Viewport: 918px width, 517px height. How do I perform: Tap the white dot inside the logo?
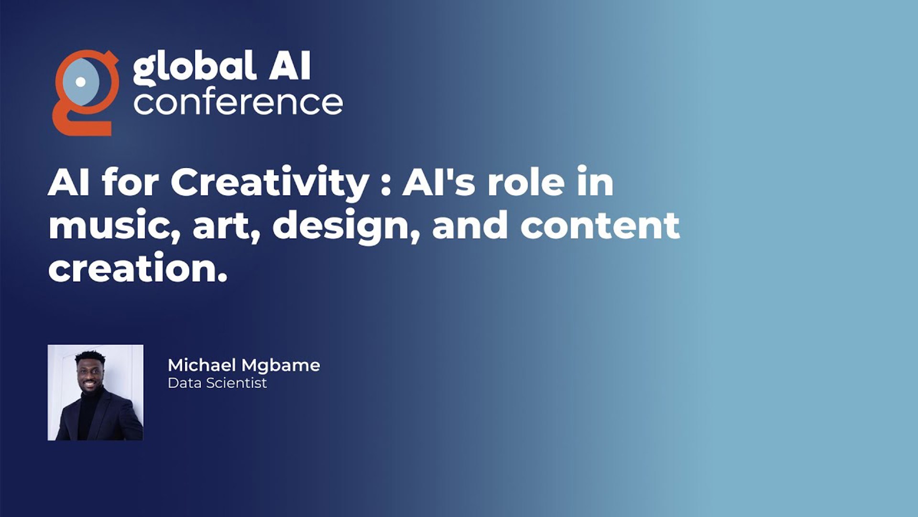[x=81, y=82]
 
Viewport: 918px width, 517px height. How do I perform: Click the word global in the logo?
[x=194, y=68]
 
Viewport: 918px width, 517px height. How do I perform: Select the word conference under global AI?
[x=238, y=102]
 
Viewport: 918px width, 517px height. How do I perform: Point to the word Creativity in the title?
[x=270, y=184]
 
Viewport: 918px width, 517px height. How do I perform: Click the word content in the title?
[x=600, y=226]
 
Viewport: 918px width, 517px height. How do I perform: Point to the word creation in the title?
[x=137, y=268]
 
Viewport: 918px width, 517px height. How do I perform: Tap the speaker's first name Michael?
[x=202, y=365]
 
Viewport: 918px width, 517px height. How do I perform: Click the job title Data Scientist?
[x=217, y=383]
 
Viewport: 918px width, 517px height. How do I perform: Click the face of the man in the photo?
[x=89, y=374]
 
